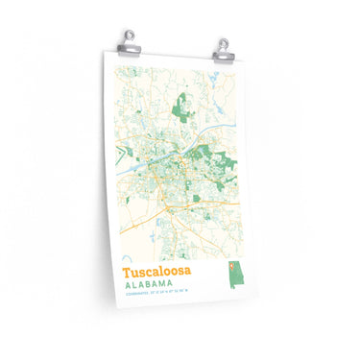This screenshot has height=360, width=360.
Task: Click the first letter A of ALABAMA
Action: (x=126, y=284)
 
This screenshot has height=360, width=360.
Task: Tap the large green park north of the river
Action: (x=180, y=108)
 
